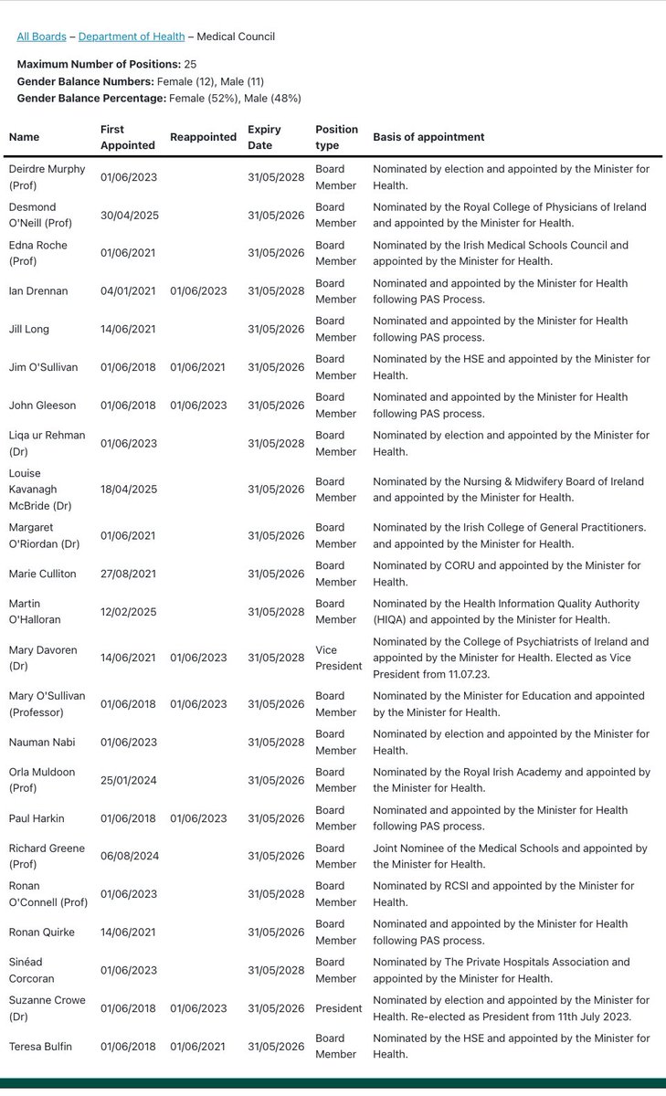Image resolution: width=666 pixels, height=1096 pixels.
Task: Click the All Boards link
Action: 41,37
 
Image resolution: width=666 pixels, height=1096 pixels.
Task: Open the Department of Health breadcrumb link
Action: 132,37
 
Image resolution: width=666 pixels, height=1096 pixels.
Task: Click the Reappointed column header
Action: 203,137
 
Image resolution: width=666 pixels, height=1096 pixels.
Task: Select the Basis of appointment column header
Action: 428,137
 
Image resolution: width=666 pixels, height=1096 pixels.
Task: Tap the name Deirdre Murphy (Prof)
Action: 47,176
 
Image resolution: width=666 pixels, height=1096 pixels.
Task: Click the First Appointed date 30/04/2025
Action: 129,216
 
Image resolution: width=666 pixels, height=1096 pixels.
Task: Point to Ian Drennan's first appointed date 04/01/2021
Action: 129,291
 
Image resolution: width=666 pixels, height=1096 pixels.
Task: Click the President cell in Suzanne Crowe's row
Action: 339,1008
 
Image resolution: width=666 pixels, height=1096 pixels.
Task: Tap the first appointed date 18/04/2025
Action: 129,490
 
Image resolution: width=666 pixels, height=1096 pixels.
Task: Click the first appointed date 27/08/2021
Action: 129,574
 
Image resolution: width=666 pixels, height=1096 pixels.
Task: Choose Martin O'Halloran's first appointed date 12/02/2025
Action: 129,612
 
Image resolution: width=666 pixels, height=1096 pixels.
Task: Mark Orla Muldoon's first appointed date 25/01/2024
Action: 129,780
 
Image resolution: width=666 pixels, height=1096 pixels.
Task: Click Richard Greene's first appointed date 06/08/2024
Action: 129,856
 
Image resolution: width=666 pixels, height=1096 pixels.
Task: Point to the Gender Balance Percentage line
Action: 159,98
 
